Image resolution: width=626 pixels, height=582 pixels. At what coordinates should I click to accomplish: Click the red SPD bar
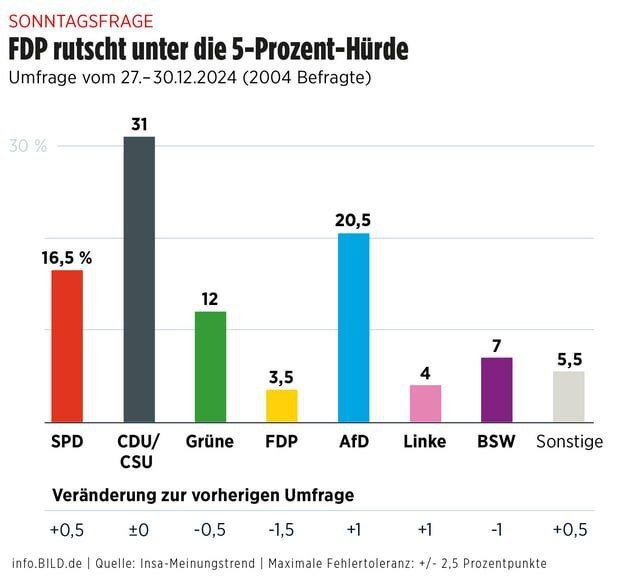coord(67,346)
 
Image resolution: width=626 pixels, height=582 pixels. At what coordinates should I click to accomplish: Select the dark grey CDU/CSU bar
coord(139,279)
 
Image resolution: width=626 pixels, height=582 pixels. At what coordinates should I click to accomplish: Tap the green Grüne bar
coord(210,367)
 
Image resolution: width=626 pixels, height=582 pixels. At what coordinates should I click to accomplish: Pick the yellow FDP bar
coord(281,405)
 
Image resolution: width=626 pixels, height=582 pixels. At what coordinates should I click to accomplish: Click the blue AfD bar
coord(353,327)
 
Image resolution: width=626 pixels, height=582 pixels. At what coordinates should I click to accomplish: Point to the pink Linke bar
coord(425,403)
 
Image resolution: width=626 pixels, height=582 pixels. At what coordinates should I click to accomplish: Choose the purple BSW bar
coord(496,389)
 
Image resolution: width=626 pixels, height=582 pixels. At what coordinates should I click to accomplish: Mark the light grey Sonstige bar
coord(568,396)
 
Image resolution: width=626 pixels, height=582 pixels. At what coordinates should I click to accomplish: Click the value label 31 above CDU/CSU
coord(139,124)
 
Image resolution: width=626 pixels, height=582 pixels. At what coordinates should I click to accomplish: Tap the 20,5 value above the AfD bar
coord(354,220)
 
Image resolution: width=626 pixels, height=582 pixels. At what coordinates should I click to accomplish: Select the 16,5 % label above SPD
coord(67,257)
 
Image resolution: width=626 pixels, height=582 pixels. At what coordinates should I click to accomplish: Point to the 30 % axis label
coord(28,147)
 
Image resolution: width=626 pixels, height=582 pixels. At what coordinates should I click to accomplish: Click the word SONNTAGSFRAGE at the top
coord(81,20)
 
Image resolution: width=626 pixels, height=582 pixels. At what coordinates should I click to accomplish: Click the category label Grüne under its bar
coord(210,441)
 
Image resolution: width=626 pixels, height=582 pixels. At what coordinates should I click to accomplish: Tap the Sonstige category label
coord(569,441)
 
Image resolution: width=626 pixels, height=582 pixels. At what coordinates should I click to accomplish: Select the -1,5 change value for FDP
coord(281,528)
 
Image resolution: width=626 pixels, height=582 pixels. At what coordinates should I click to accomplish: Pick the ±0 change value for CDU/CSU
coord(139,528)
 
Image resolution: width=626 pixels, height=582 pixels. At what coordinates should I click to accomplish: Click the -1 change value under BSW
coord(497,528)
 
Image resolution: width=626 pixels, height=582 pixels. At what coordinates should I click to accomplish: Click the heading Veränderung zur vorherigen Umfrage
coord(202,495)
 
